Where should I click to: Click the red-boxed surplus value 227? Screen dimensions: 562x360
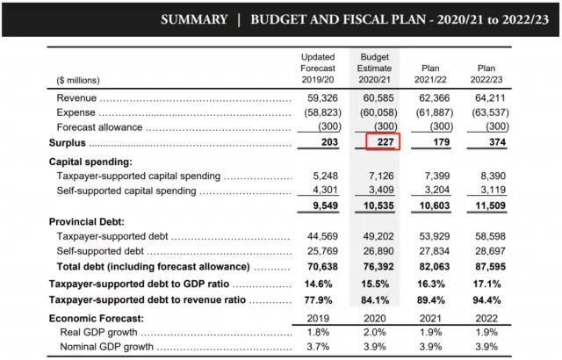click(385, 142)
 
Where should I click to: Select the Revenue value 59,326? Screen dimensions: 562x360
click(322, 97)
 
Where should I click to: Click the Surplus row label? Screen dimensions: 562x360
click(68, 142)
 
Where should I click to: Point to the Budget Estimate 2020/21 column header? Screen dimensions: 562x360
click(375, 68)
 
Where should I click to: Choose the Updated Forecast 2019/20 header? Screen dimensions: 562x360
click(318, 68)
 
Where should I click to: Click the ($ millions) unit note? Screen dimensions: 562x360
click(78, 80)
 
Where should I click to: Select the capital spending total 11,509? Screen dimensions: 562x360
click(490, 205)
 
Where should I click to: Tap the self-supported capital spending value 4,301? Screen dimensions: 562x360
click(326, 190)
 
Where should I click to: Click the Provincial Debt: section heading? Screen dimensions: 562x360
click(87, 222)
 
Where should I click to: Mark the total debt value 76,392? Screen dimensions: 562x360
click(378, 267)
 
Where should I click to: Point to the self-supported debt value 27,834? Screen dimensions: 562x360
click(435, 251)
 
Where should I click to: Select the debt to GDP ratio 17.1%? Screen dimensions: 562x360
click(486, 284)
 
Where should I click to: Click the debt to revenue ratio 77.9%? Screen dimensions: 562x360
click(318, 299)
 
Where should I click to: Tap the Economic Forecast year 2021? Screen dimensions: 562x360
click(430, 318)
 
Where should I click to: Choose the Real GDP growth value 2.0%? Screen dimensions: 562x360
click(375, 333)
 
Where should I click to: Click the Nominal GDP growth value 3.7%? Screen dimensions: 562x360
click(318, 347)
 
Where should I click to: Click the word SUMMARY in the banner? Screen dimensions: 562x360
click(194, 19)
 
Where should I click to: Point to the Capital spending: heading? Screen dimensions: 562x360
click(90, 162)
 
